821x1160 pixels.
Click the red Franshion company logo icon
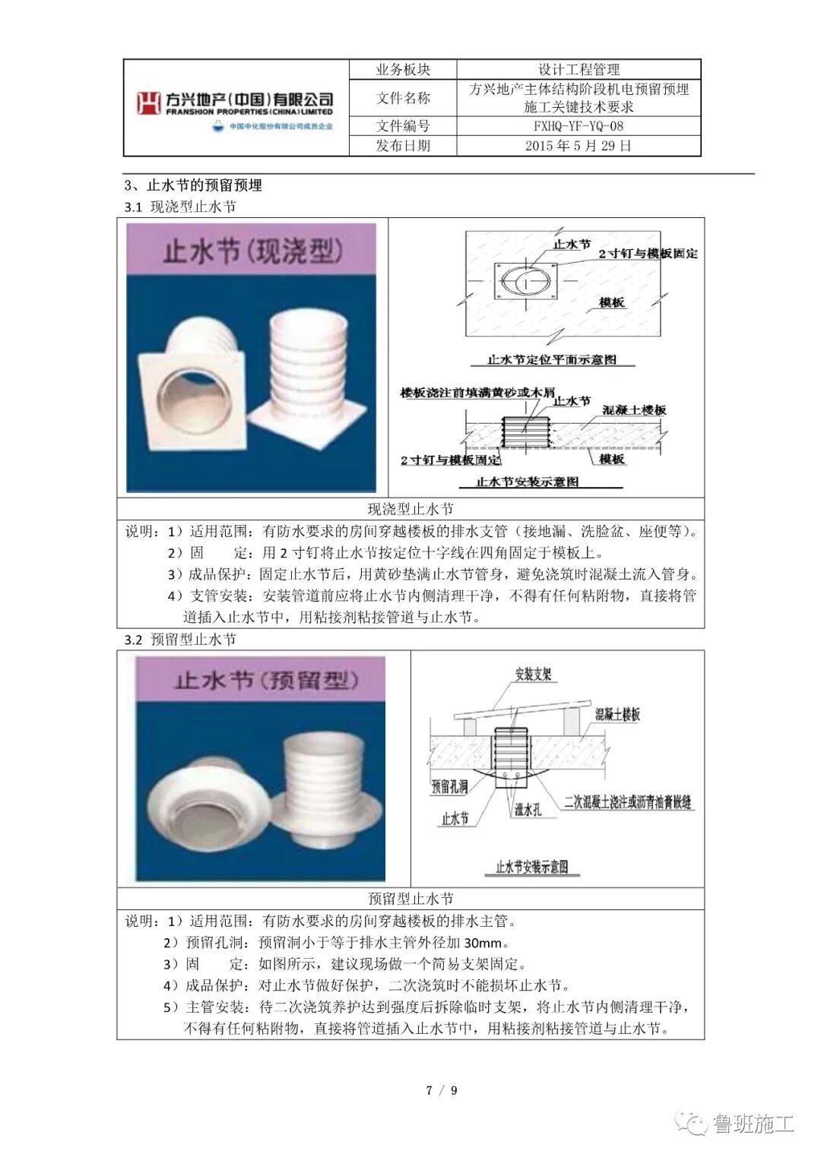click(148, 103)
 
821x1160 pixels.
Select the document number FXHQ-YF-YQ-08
click(578, 126)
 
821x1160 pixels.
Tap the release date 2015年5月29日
click(578, 146)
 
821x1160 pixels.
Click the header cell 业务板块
click(402, 70)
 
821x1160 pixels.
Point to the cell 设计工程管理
click(578, 70)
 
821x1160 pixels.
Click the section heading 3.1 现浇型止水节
click(180, 207)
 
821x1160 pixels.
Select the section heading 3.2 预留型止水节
click(180, 640)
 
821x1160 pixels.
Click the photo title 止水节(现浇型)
click(252, 250)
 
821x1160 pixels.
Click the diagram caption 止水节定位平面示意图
click(551, 359)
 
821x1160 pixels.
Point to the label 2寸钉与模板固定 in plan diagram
click(648, 254)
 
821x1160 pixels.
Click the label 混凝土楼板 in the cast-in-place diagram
click(634, 410)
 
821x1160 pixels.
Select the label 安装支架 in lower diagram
click(533, 675)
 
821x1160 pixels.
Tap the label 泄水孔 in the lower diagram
click(528, 810)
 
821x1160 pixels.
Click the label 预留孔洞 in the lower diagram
click(449, 787)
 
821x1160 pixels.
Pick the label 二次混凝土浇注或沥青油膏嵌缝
click(628, 802)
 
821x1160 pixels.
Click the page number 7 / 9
click(442, 1091)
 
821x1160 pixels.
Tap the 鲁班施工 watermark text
click(753, 1124)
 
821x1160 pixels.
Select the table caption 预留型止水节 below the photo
click(410, 899)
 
